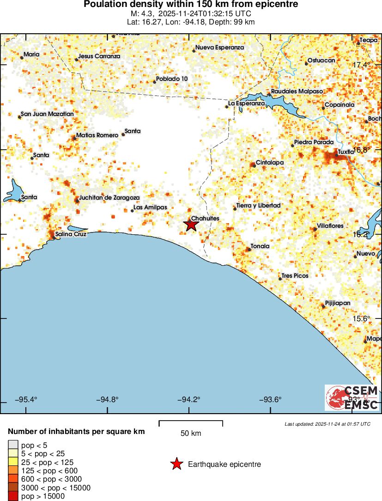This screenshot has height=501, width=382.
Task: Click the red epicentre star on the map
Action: [191, 225]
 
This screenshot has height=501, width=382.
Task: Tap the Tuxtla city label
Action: [346, 152]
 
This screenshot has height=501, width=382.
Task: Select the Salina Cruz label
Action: [71, 234]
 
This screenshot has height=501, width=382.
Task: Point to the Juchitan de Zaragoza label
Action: [109, 197]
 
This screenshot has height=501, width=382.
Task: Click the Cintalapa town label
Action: [270, 163]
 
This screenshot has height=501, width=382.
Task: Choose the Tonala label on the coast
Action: [260, 246]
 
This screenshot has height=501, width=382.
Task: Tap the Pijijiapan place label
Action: [338, 303]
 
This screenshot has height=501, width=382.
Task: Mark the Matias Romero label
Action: [97, 135]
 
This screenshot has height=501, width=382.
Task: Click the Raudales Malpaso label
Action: [297, 92]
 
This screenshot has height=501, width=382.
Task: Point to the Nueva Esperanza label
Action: [219, 48]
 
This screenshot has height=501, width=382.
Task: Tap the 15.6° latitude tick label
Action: [362, 319]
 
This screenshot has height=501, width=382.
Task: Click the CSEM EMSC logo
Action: [352, 397]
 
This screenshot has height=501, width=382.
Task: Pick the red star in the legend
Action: [176, 464]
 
